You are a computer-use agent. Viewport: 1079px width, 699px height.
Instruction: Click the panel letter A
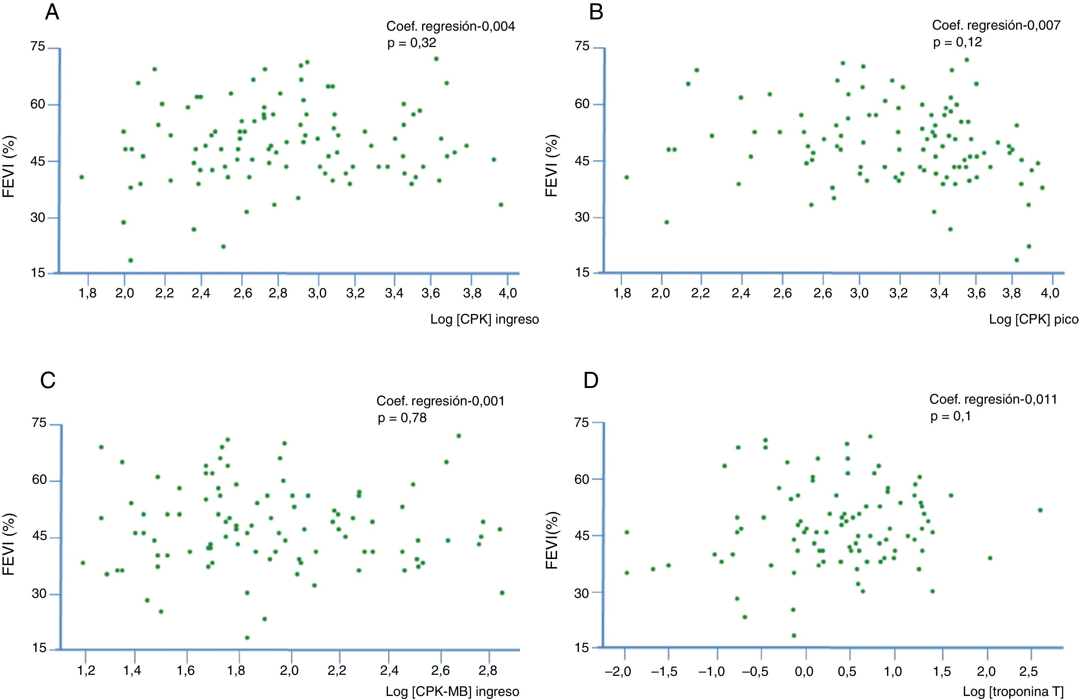click(x=52, y=13)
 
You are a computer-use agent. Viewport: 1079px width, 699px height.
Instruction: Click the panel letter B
click(x=596, y=13)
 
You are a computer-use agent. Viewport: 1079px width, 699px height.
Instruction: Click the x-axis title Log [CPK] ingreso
click(x=484, y=320)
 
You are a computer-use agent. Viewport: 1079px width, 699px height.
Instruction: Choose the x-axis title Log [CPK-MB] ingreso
click(x=452, y=691)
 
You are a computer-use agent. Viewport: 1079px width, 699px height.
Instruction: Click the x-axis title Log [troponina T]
click(x=1013, y=691)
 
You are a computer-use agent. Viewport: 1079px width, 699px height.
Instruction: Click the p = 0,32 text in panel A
click(x=411, y=43)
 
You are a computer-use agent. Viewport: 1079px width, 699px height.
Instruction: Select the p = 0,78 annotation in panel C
click(x=402, y=418)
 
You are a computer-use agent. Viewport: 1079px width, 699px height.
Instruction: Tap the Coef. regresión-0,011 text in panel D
click(x=993, y=399)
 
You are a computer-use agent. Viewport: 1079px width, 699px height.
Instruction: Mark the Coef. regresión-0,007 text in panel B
click(x=996, y=26)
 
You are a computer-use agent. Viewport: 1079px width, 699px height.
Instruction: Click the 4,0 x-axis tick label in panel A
click(x=508, y=293)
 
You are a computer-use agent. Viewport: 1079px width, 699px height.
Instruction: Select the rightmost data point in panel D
click(x=1041, y=510)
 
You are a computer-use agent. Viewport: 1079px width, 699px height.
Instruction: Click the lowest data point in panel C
click(x=247, y=637)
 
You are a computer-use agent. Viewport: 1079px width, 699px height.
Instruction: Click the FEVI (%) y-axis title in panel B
click(x=551, y=166)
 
